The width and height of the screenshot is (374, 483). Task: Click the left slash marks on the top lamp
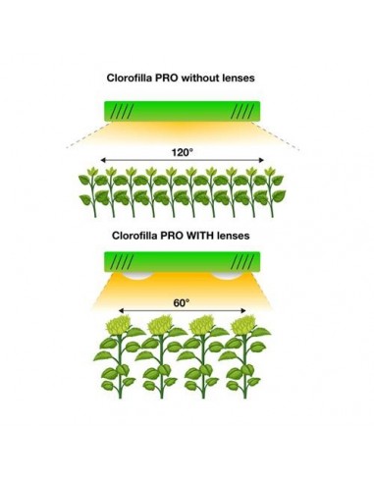(x=123, y=111)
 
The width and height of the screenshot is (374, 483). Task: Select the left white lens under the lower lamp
(x=140, y=277)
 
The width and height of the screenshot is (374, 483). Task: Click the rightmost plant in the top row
(x=278, y=191)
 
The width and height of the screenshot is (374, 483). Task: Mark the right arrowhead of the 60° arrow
(x=245, y=312)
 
